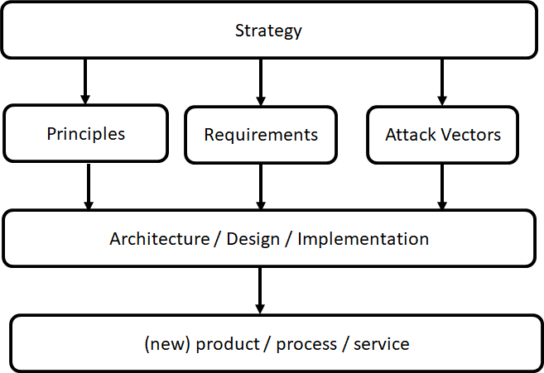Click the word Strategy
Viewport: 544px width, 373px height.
pyautogui.click(x=268, y=31)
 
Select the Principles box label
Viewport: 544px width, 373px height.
pyautogui.click(x=85, y=135)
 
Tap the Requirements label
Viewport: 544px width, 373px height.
pyautogui.click(x=261, y=135)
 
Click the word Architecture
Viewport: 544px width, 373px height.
pyautogui.click(x=160, y=239)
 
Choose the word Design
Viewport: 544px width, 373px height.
pyautogui.click(x=253, y=240)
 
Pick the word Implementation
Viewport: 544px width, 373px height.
pyautogui.click(x=363, y=239)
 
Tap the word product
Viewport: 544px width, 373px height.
pyautogui.click(x=228, y=344)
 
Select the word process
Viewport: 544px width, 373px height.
pyautogui.click(x=306, y=345)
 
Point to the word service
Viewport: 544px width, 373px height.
pyautogui.click(x=381, y=344)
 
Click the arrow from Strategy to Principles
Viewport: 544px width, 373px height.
pyautogui.click(x=85, y=81)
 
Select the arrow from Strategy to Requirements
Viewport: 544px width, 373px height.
pyautogui.click(x=261, y=82)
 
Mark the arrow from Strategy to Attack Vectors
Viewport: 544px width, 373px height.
pyautogui.click(x=441, y=82)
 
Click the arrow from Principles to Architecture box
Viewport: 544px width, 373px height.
pyautogui.click(x=89, y=187)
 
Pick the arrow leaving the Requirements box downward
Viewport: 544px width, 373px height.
pyautogui.click(x=261, y=187)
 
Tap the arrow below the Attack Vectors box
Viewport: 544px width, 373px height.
pyautogui.click(x=441, y=187)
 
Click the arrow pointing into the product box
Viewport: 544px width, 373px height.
pyautogui.click(x=260, y=291)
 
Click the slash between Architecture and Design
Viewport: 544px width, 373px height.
pyautogui.click(x=218, y=239)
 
